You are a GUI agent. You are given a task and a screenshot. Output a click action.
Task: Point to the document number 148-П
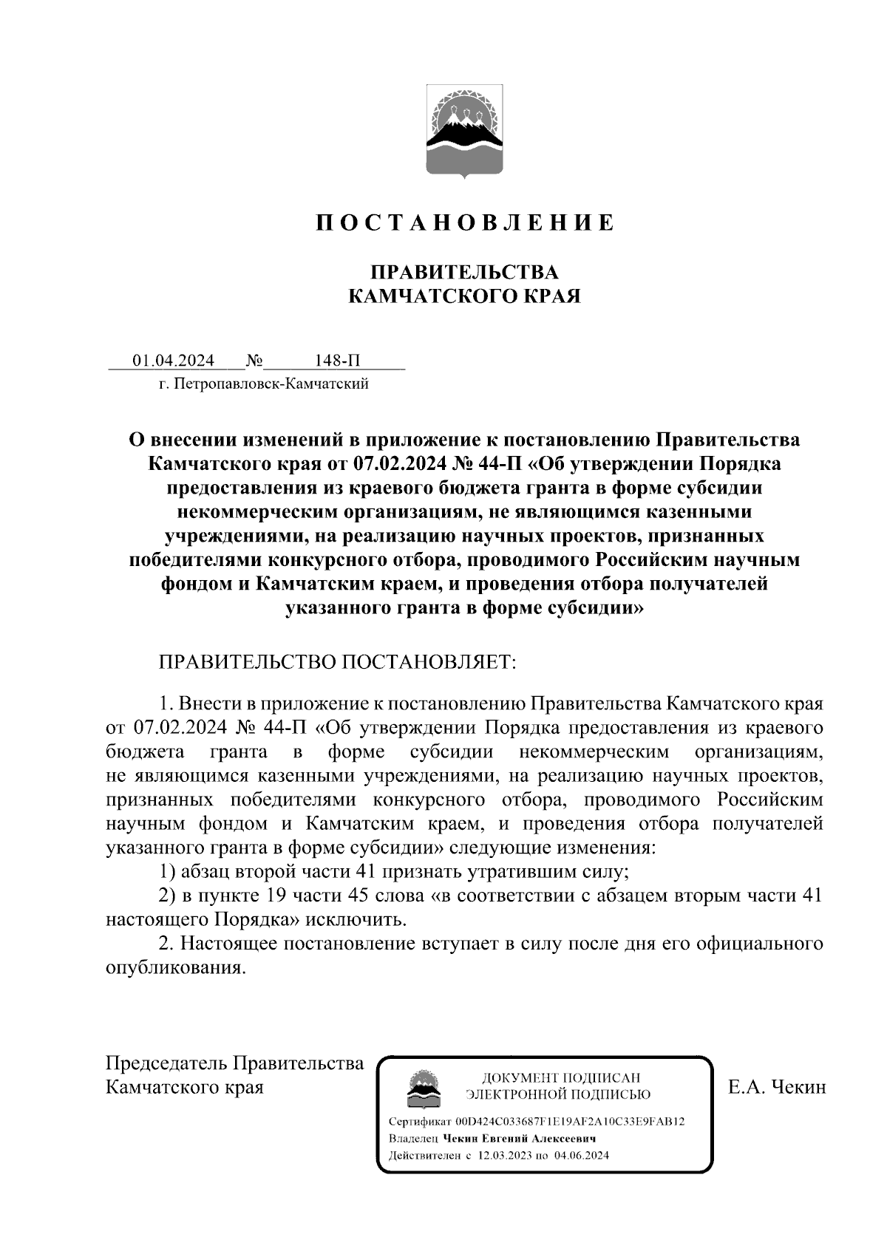point(338,361)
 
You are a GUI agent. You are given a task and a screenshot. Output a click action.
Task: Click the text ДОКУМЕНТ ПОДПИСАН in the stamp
point(561,1077)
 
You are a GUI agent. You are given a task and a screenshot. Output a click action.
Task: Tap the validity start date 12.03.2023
point(505,1156)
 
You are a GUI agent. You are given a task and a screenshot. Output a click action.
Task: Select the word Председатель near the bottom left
point(167,1063)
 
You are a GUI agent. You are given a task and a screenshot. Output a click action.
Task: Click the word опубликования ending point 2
point(174,969)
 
